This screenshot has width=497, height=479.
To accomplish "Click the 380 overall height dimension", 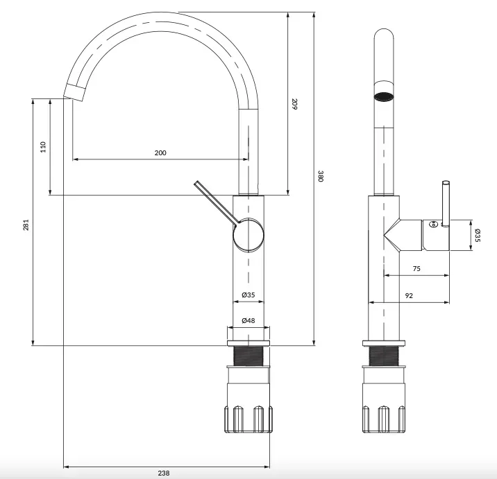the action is click(x=321, y=176).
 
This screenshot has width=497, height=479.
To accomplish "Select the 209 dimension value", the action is click(x=294, y=104).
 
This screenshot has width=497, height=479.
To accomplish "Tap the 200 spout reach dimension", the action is click(x=160, y=153).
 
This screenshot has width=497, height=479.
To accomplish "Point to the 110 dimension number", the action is click(x=43, y=147).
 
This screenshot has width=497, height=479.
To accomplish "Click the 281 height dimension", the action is click(x=26, y=225).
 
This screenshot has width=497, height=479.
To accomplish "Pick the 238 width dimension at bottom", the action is click(x=164, y=473).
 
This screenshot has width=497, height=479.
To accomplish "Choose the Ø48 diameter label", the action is click(x=248, y=320).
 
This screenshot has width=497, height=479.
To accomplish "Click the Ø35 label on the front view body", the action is click(x=248, y=295).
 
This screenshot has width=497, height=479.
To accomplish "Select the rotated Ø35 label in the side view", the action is click(x=478, y=236).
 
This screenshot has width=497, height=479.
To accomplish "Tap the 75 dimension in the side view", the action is click(x=416, y=269).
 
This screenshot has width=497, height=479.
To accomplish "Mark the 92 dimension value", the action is click(x=409, y=295).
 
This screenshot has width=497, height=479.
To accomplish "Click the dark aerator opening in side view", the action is click(x=384, y=97).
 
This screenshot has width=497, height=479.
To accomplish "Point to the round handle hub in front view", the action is click(x=248, y=235).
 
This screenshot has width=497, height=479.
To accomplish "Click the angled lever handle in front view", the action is click(x=217, y=203).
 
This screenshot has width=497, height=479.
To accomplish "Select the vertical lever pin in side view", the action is click(x=446, y=204).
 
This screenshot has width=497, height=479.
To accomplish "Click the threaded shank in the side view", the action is click(x=384, y=356).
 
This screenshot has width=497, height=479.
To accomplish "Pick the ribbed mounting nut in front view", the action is click(x=248, y=419).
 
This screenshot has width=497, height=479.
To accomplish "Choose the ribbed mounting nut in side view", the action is click(x=384, y=419).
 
